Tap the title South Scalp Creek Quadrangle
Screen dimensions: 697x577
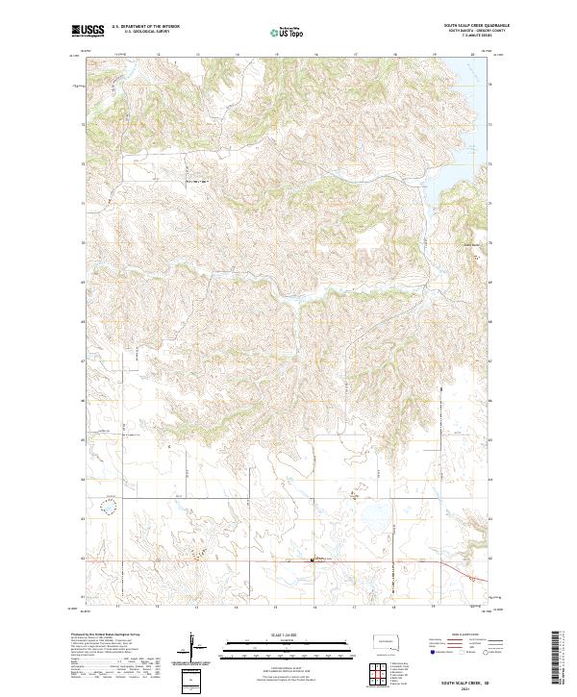tap(464, 26)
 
